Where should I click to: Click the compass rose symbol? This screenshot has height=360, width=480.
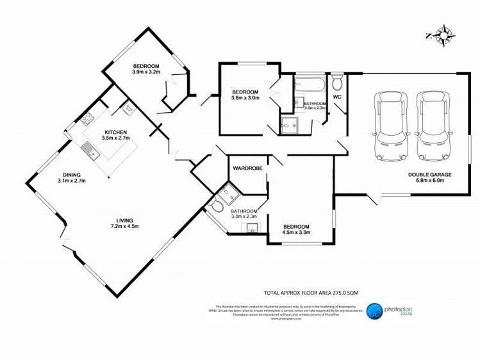443,35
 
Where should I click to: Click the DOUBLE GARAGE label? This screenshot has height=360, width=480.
430,174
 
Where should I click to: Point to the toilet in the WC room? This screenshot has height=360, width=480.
338,83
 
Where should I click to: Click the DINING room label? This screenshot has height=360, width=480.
71,175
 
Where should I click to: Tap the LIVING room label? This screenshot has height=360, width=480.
124,220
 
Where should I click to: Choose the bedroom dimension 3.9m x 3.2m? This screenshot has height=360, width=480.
145,72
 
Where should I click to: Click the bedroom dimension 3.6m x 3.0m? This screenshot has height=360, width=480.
245,98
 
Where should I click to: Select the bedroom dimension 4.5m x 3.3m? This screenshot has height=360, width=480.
296,233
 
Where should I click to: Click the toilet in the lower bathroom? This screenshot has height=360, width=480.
217,206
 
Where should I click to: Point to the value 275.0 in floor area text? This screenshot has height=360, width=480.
337,291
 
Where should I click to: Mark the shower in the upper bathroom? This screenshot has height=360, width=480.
290,124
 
